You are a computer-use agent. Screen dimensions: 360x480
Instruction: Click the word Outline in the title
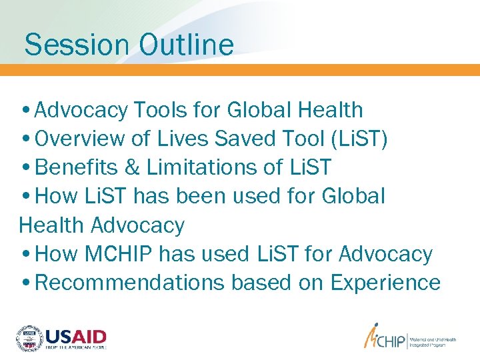[x=187, y=45]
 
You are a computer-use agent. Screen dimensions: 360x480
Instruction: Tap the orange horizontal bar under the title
[x=240, y=70]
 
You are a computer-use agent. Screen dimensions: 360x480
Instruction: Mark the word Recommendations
[x=129, y=283]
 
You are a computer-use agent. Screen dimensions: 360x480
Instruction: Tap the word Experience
[x=385, y=283]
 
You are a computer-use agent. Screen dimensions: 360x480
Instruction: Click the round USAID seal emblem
[x=29, y=337]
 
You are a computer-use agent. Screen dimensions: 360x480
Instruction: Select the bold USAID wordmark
[x=75, y=335]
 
